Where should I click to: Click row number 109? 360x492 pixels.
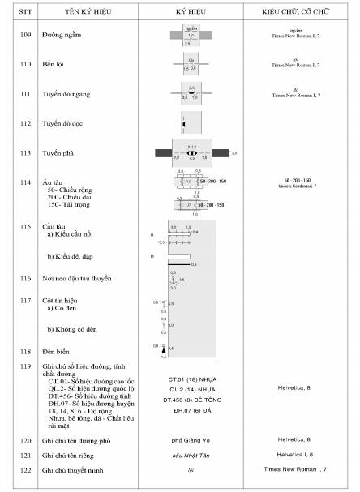[25, 36]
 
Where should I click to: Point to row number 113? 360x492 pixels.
[25, 152]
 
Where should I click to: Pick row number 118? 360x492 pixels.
[25, 352]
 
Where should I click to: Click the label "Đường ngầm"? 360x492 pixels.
[62, 36]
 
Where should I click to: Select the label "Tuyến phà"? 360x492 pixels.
[59, 152]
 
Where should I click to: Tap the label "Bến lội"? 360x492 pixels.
[55, 63]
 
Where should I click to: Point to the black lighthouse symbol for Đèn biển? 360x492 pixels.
[163, 349]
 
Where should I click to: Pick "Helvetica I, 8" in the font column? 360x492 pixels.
[300, 455]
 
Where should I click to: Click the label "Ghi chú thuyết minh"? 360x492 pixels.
[76, 470]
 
